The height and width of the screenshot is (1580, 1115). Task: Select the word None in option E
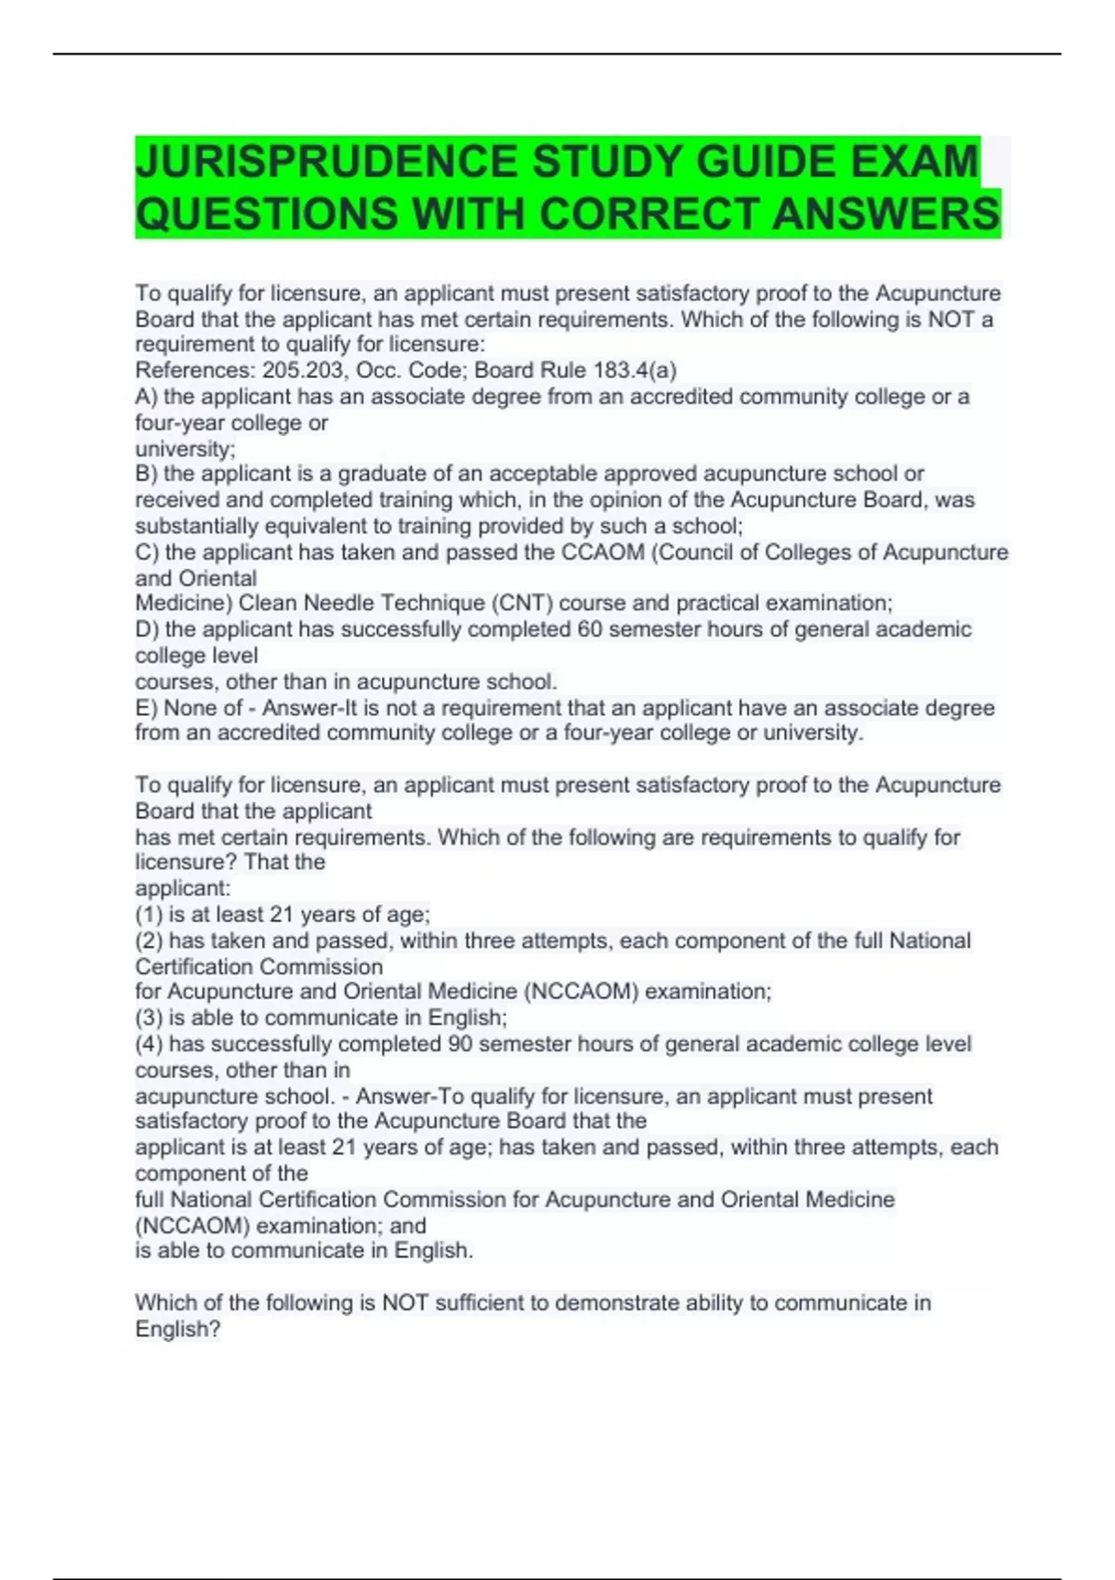[190, 707]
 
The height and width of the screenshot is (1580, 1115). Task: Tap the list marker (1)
[149, 915]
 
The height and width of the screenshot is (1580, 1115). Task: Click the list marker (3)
[149, 1018]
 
